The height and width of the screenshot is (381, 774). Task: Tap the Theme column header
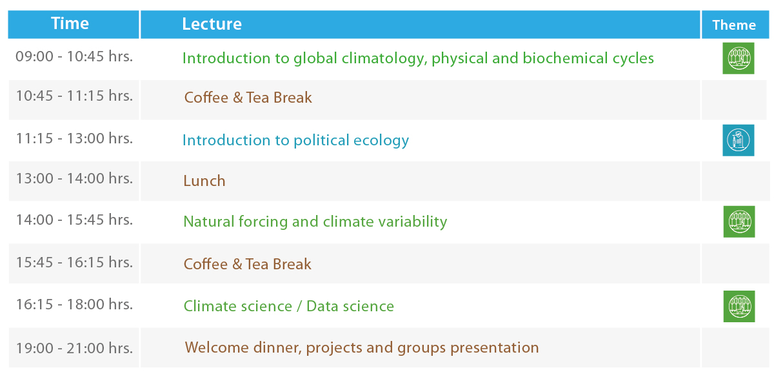click(x=734, y=25)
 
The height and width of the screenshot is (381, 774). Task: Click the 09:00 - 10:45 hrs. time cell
click(x=74, y=56)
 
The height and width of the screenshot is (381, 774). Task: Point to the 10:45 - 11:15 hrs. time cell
click(x=74, y=96)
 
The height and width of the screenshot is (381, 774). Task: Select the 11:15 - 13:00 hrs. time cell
click(x=74, y=138)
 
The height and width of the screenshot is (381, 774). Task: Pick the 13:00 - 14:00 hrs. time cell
click(x=74, y=178)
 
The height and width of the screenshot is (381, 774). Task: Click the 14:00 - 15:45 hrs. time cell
click(x=74, y=220)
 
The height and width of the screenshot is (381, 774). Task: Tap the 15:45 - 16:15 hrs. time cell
click(x=74, y=262)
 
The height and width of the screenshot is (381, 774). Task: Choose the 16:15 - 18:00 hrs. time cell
click(x=74, y=304)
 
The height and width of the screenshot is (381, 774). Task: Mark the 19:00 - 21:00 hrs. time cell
click(x=74, y=348)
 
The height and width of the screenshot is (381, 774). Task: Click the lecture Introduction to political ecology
click(x=295, y=140)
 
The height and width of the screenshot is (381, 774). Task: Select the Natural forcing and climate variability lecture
click(x=315, y=221)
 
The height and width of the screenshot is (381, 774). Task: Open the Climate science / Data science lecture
click(x=288, y=306)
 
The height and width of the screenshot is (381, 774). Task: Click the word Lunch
click(x=204, y=181)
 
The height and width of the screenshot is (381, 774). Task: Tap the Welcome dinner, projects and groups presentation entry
click(x=362, y=348)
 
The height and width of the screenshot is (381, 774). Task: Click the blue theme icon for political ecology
click(x=738, y=140)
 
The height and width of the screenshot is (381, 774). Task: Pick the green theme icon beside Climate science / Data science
click(x=739, y=306)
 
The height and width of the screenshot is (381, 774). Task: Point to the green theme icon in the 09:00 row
click(x=738, y=58)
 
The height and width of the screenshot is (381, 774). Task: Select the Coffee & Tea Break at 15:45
click(x=247, y=264)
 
